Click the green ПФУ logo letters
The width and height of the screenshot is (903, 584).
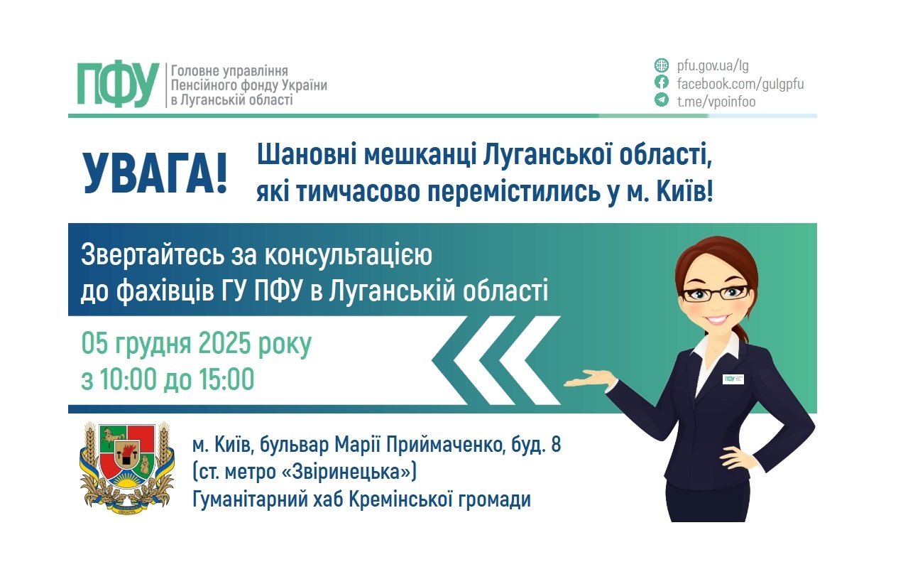(x=118, y=85)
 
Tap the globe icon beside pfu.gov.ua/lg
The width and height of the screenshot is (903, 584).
(x=661, y=66)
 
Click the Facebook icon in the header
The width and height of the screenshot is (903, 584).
(x=661, y=84)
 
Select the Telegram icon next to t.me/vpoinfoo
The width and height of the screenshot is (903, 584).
(x=661, y=101)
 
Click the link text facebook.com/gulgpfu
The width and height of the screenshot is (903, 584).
(x=740, y=84)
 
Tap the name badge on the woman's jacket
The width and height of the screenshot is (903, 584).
(x=733, y=378)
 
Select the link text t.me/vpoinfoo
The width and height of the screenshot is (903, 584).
(x=716, y=101)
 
